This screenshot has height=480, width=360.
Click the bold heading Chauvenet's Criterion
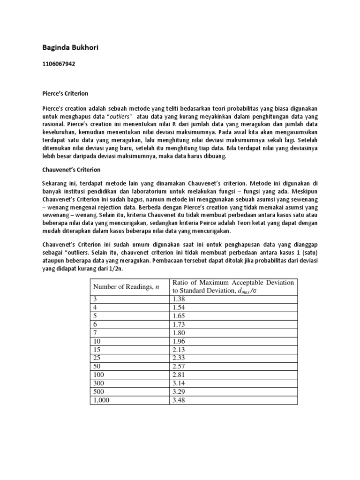tap(69, 169)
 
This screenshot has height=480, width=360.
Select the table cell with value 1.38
tap(180, 298)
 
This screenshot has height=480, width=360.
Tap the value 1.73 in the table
tap(180, 323)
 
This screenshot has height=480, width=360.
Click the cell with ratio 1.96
tap(180, 340)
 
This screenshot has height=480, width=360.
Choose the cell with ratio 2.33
tap(180, 357)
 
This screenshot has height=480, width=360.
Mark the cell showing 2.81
tap(180, 374)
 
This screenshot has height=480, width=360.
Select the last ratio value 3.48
tap(180, 399)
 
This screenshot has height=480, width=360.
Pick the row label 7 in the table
tap(96, 332)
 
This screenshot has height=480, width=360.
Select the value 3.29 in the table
tap(180, 391)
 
